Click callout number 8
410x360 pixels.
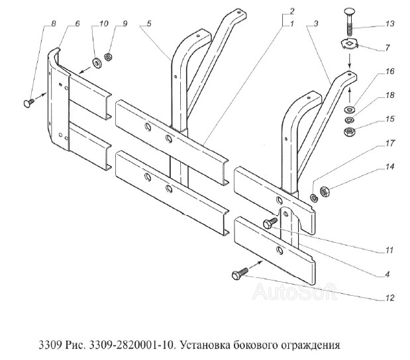pos(53,24)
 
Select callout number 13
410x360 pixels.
pos(389,24)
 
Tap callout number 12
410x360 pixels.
pos(389,298)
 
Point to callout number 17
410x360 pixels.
pos(389,143)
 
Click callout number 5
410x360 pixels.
pos(149,24)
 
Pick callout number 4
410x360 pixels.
pos(387,275)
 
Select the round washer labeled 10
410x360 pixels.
pos(97,64)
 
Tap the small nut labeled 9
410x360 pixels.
pos(107,57)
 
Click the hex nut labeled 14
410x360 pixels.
pos(325,193)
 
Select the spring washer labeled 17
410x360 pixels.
pos(313,198)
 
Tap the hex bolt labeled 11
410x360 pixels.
pos(270,224)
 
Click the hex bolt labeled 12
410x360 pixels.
pos(240,273)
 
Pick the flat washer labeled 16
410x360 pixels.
pos(349,109)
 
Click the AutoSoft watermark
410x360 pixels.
pos(295,291)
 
